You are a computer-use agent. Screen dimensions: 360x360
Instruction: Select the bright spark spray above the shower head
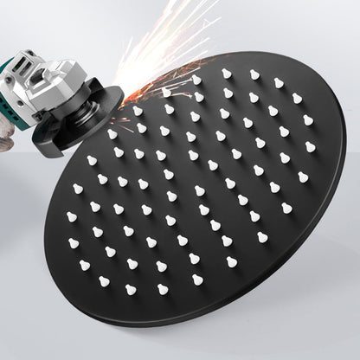point(173,43)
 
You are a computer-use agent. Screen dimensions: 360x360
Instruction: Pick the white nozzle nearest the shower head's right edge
point(303,177)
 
